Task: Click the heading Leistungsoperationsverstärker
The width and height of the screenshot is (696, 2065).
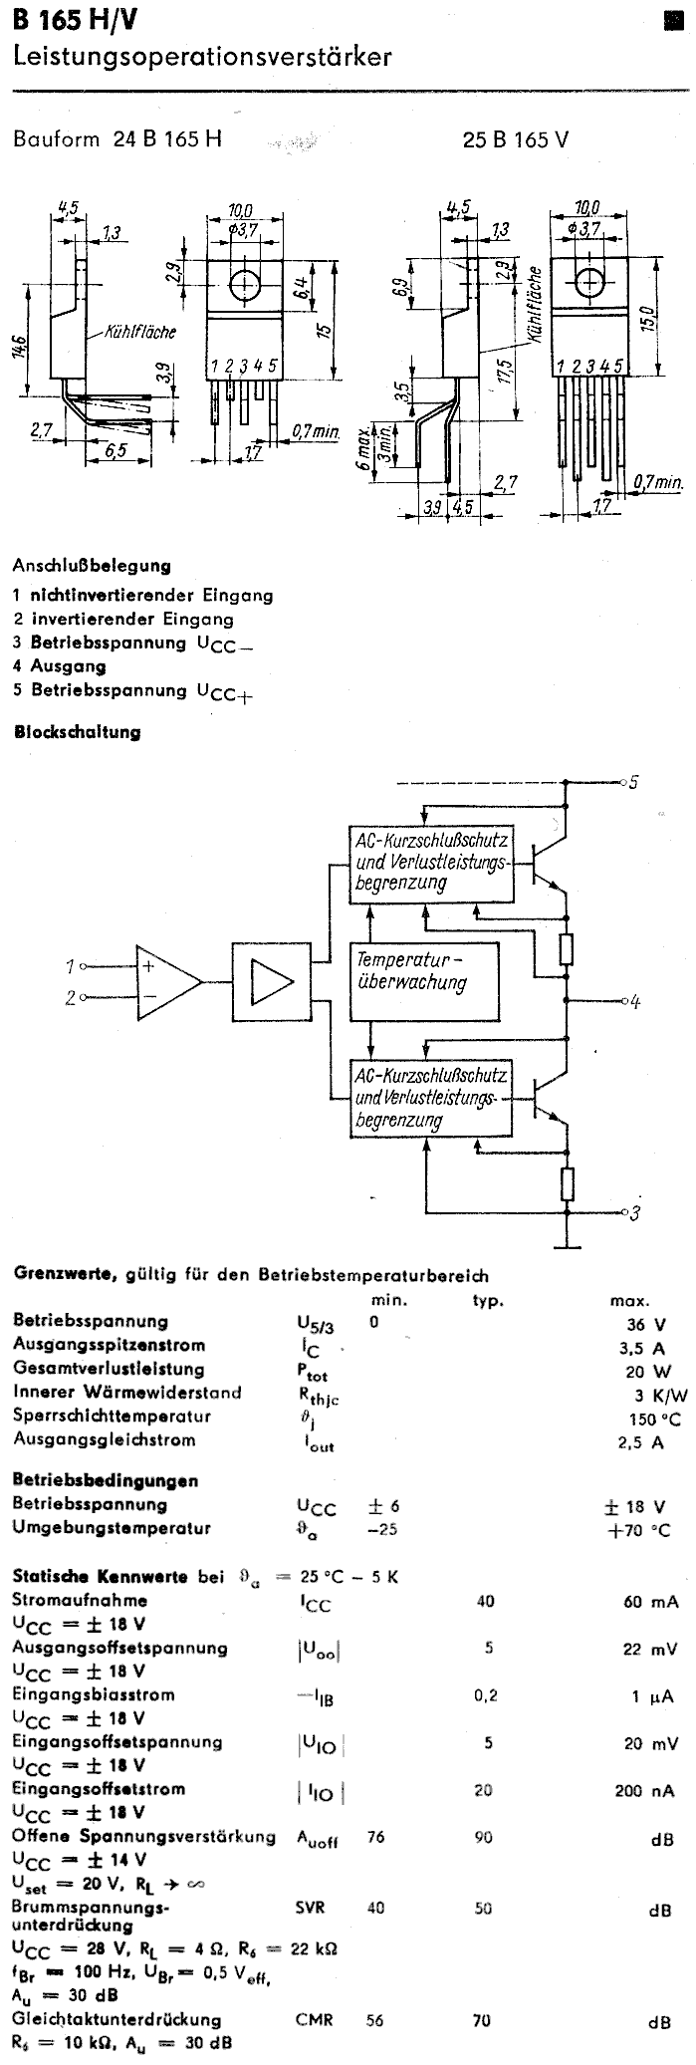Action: [x=202, y=59]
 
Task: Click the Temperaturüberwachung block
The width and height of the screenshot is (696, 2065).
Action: [x=411, y=970]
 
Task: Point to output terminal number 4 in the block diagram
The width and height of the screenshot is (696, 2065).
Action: [x=634, y=1002]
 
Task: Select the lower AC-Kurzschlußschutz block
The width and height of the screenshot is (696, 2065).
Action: [x=432, y=1099]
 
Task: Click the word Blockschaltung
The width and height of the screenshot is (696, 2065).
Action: [x=77, y=732]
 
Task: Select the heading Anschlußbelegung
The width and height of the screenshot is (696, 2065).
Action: [x=92, y=565]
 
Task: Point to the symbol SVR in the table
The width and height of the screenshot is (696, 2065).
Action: [x=310, y=1907]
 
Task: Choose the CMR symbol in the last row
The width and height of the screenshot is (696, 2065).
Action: [x=314, y=2020]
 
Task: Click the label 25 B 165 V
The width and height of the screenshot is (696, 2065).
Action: [x=516, y=140]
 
